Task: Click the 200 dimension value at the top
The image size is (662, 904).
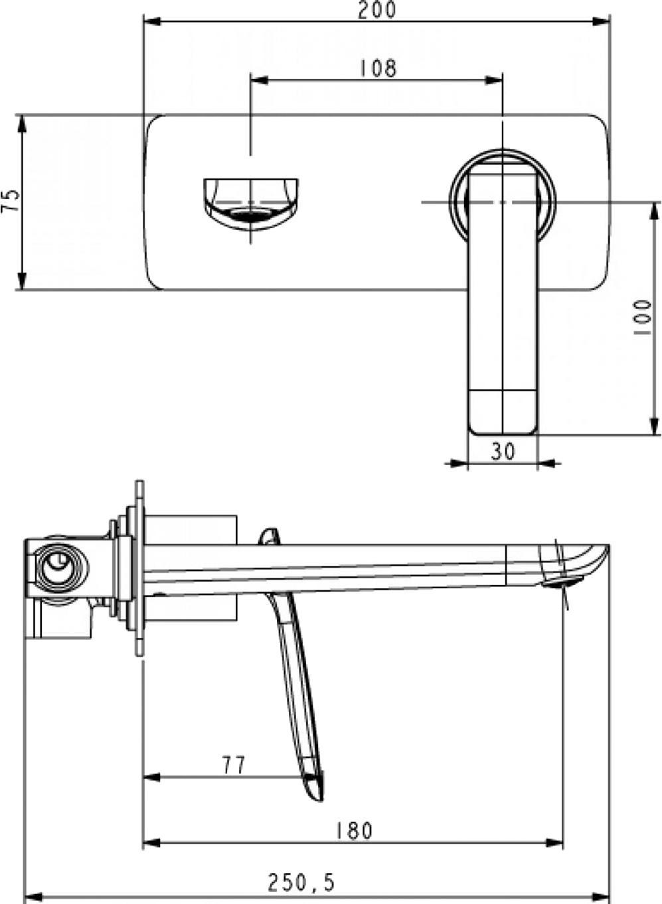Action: [377, 10]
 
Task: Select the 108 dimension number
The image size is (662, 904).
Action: [378, 68]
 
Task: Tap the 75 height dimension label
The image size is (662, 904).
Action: [11, 200]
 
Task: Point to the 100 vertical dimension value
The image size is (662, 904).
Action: [643, 317]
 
